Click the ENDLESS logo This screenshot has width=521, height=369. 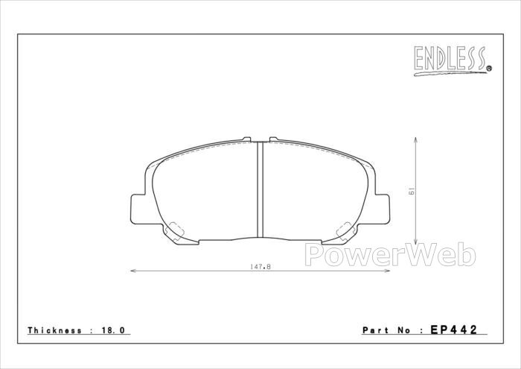[452, 61]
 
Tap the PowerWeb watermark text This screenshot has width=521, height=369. [390, 255]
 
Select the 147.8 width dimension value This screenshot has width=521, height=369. [260, 267]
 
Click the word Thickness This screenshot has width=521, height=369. [54, 330]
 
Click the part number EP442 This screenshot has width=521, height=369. [454, 329]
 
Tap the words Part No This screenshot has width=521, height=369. [389, 330]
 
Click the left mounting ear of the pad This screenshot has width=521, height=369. [138, 209]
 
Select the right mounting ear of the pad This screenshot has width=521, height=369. [382, 209]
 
